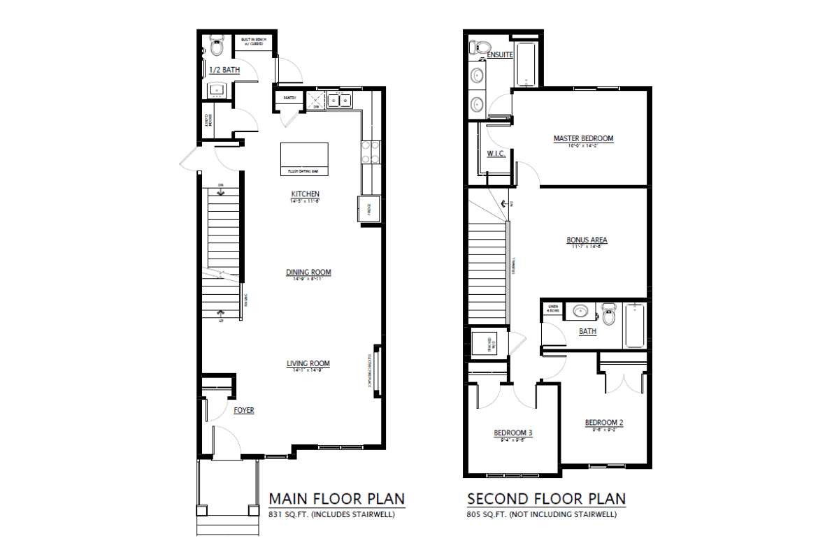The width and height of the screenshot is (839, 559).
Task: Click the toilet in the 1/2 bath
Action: click(216, 48)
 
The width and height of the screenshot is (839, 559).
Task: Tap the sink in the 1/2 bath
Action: click(216, 89)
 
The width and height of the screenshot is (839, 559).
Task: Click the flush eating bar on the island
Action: click(304, 170)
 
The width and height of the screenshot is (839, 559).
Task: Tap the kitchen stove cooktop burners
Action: click(369, 152)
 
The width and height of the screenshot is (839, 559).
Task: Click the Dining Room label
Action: click(308, 273)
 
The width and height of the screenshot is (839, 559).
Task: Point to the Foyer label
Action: click(244, 411)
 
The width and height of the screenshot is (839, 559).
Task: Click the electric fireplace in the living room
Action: click(376, 370)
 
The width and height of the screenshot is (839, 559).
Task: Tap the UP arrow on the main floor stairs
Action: click(222, 314)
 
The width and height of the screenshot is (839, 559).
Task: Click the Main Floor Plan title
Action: click(336, 499)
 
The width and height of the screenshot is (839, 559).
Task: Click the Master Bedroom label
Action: click(583, 139)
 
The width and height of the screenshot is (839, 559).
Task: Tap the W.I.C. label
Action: click(496, 154)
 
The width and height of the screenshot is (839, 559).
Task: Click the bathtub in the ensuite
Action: click(524, 65)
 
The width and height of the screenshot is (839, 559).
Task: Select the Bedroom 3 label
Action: click(513, 433)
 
